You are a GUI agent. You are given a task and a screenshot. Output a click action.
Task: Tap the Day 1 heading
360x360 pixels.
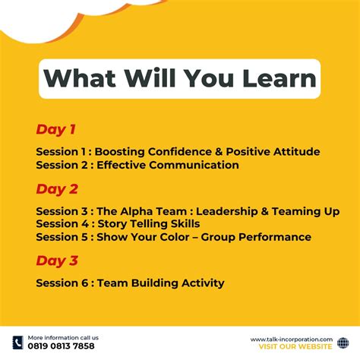[55, 129]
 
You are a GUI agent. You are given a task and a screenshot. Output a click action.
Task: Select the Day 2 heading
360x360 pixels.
[57, 189]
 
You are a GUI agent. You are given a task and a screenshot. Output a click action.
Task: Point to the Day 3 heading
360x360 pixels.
[57, 261]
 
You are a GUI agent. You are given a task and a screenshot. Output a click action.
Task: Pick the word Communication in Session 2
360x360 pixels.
[194, 165]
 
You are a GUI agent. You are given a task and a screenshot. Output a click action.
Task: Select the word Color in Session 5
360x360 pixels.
[182, 237]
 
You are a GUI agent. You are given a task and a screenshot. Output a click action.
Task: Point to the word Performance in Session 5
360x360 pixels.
[275, 237]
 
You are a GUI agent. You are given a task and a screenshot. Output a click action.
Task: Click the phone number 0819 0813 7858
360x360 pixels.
[62, 346]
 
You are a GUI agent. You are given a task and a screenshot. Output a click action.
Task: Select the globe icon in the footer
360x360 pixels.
[343, 343]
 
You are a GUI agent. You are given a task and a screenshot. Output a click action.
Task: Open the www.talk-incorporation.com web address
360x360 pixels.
[291, 339]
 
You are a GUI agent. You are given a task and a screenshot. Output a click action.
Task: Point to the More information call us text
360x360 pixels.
[63, 337]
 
